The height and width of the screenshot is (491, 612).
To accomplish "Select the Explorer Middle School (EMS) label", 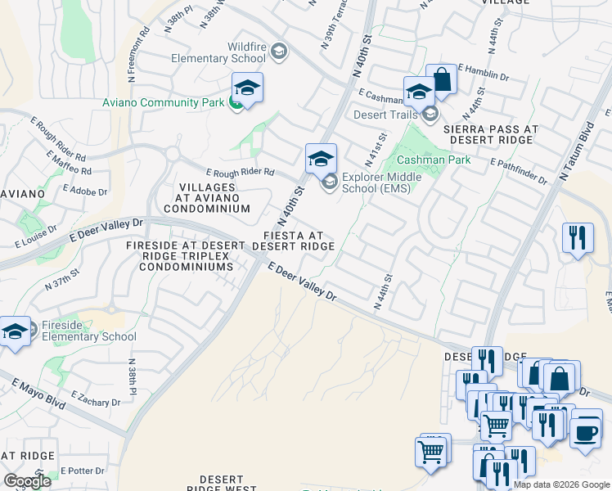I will point(381,182).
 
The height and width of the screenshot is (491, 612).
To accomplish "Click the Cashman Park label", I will point(440,160).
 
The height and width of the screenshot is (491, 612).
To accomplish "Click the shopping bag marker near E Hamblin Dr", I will point(441,80).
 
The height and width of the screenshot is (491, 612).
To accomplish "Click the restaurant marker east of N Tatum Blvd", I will point(578,238).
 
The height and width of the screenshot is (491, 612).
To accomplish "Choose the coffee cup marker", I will point(585,431).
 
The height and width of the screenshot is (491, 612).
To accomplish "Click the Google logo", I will point(27,481).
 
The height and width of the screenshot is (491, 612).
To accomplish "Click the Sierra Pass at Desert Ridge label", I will point(491,135).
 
